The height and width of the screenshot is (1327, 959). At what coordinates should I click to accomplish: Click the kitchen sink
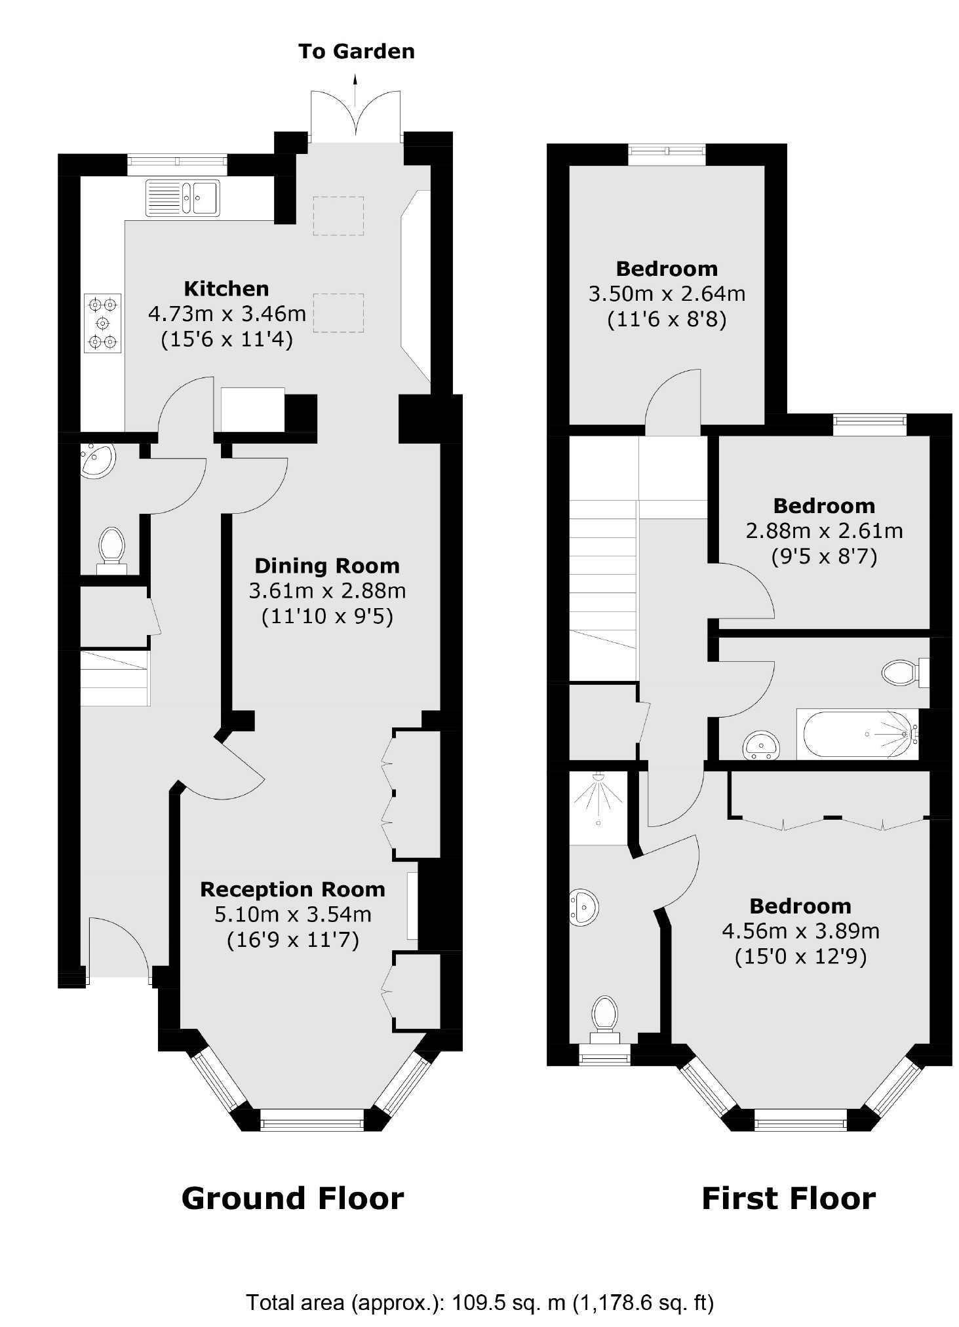[183, 197]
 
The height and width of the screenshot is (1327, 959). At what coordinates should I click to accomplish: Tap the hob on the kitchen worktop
[103, 323]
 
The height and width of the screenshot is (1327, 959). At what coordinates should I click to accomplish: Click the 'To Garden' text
[356, 52]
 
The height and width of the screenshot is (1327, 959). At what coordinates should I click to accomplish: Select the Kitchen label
[226, 289]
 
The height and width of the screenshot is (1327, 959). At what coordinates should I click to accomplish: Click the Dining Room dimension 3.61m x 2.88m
[327, 591]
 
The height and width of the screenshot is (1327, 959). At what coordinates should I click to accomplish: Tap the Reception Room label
[292, 889]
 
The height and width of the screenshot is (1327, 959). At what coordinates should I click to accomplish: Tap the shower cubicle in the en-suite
[598, 807]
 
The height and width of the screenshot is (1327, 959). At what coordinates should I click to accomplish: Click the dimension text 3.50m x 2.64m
[667, 294]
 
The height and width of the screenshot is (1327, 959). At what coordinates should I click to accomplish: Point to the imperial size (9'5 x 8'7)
[824, 557]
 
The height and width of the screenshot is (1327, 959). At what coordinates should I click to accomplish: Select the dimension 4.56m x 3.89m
[800, 931]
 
